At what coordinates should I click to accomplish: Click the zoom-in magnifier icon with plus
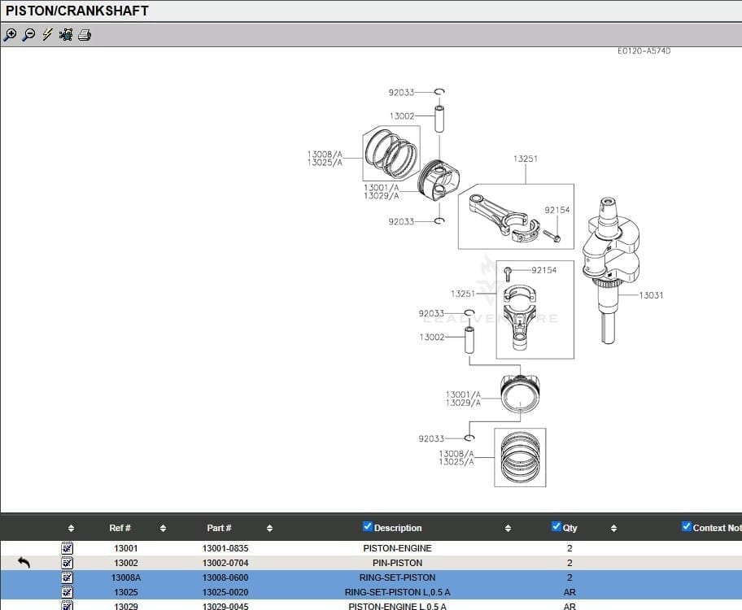10,35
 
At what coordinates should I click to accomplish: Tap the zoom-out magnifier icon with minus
28,35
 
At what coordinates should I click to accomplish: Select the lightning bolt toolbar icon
47,35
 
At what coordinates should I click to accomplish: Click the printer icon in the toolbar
85,35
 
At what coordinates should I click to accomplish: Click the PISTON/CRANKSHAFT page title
77,11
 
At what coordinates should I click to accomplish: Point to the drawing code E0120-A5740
644,51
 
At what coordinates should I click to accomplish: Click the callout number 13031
651,295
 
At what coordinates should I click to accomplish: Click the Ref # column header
120,528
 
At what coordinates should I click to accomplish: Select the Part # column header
218,528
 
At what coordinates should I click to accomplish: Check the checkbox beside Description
367,527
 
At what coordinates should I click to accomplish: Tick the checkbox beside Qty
556,527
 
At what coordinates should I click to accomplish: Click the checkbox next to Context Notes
686,527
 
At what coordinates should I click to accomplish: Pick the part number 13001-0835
225,548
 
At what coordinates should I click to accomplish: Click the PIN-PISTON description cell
397,563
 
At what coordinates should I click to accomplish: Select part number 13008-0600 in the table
225,577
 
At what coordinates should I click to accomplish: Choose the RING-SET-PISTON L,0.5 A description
397,592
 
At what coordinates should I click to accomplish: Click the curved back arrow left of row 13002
24,563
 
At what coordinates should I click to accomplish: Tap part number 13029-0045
225,606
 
